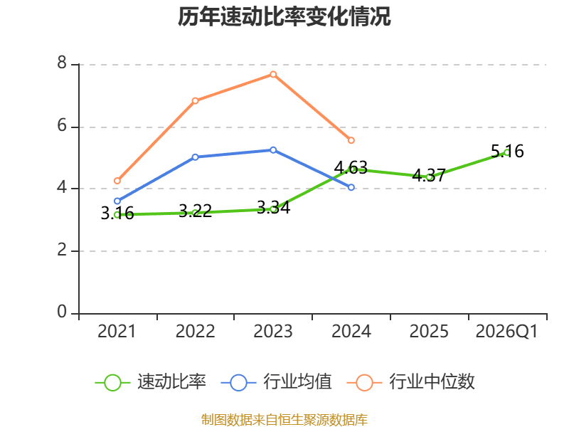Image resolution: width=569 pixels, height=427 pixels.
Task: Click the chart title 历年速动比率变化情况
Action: pos(284,16)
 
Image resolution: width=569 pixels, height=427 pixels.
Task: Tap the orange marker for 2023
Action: pos(273,75)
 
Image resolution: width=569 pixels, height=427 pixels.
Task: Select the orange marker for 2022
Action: pos(195,100)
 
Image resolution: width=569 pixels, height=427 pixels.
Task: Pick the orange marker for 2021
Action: pos(117,181)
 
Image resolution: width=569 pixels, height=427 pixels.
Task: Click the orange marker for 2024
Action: pos(351,140)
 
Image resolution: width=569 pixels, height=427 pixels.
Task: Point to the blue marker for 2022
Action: pos(195,157)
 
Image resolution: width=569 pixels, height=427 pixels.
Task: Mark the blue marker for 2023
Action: pos(273,150)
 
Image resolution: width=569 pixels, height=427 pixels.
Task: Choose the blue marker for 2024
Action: pos(351,187)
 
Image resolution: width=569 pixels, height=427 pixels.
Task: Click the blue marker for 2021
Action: pos(117,201)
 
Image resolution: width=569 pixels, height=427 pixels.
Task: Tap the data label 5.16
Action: pos(507,151)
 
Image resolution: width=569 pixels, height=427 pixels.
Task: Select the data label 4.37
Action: pos(429,176)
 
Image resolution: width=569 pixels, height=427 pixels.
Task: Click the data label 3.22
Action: pos(195,211)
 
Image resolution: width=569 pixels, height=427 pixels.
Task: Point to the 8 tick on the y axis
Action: pos(62,63)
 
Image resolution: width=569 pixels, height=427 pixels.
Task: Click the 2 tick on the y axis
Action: pos(62,250)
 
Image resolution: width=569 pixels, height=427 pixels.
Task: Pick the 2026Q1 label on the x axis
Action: pos(506,331)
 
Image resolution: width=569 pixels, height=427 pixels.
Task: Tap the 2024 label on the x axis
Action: pos(351,331)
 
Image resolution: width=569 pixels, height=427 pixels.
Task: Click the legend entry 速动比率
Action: pos(151,382)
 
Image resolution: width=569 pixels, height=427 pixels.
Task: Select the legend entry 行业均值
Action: pos(277,382)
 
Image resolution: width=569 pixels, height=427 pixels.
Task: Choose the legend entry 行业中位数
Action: pos(411,382)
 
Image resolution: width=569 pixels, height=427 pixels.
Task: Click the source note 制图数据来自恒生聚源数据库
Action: pos(284,420)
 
